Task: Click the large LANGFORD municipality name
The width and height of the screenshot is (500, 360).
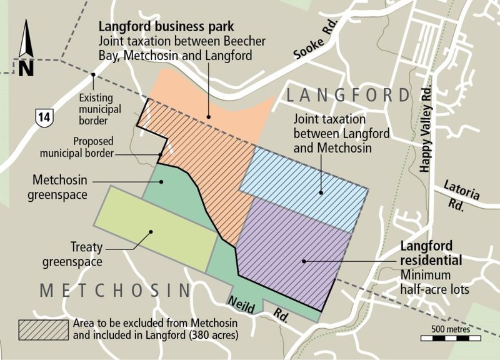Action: point(348,96)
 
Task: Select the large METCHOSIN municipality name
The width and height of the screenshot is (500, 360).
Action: point(114,291)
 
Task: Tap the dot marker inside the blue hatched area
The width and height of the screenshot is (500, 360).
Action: point(321,192)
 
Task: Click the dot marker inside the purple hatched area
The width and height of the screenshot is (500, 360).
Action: point(304,260)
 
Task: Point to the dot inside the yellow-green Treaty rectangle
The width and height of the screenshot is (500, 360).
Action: point(151,232)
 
